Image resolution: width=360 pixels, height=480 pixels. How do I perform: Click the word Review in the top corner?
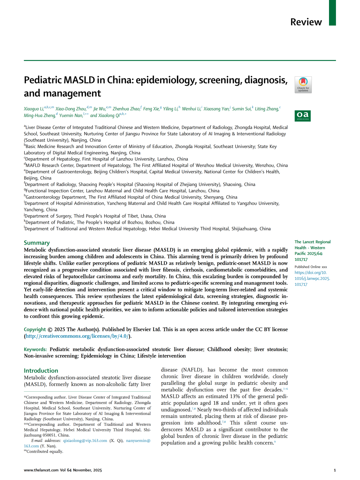[x=306, y=22]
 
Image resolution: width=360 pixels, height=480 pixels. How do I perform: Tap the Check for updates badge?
[x=303, y=85]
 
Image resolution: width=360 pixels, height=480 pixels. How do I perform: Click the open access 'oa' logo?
[x=303, y=116]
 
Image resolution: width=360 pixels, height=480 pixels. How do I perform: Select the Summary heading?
[x=37, y=243]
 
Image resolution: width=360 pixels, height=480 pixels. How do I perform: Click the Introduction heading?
[x=41, y=370]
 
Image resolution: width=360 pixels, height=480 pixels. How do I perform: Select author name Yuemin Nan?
[x=71, y=116]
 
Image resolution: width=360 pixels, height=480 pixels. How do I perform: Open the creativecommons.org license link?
[x=77, y=336]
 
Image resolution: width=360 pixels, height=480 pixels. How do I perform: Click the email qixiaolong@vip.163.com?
[x=85, y=441]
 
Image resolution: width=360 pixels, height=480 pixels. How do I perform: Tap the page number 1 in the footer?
[x=335, y=470]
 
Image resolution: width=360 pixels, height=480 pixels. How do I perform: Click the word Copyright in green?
[x=35, y=329]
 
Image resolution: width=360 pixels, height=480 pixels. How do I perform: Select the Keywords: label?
[x=35, y=349]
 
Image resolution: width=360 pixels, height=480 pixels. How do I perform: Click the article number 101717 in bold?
[x=301, y=260]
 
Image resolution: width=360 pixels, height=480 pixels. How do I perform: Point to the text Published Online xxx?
[x=311, y=267]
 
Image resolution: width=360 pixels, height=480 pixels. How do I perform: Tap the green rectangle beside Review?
[x=332, y=13]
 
